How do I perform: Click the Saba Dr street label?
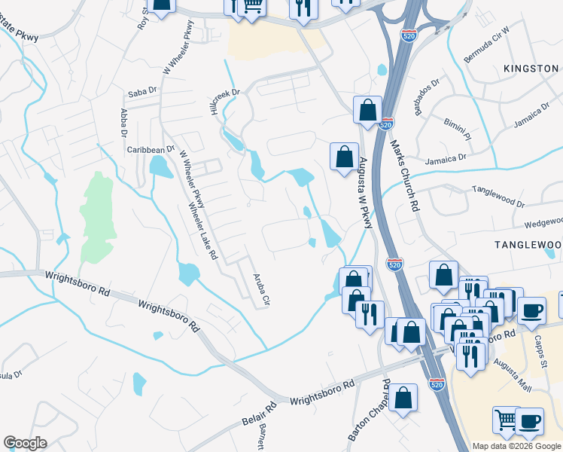(141, 93)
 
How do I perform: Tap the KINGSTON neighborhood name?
(531, 69)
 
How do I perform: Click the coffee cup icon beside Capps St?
(531, 310)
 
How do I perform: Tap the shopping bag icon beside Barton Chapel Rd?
(403, 398)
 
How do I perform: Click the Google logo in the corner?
(25, 443)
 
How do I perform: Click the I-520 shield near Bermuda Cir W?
(407, 36)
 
